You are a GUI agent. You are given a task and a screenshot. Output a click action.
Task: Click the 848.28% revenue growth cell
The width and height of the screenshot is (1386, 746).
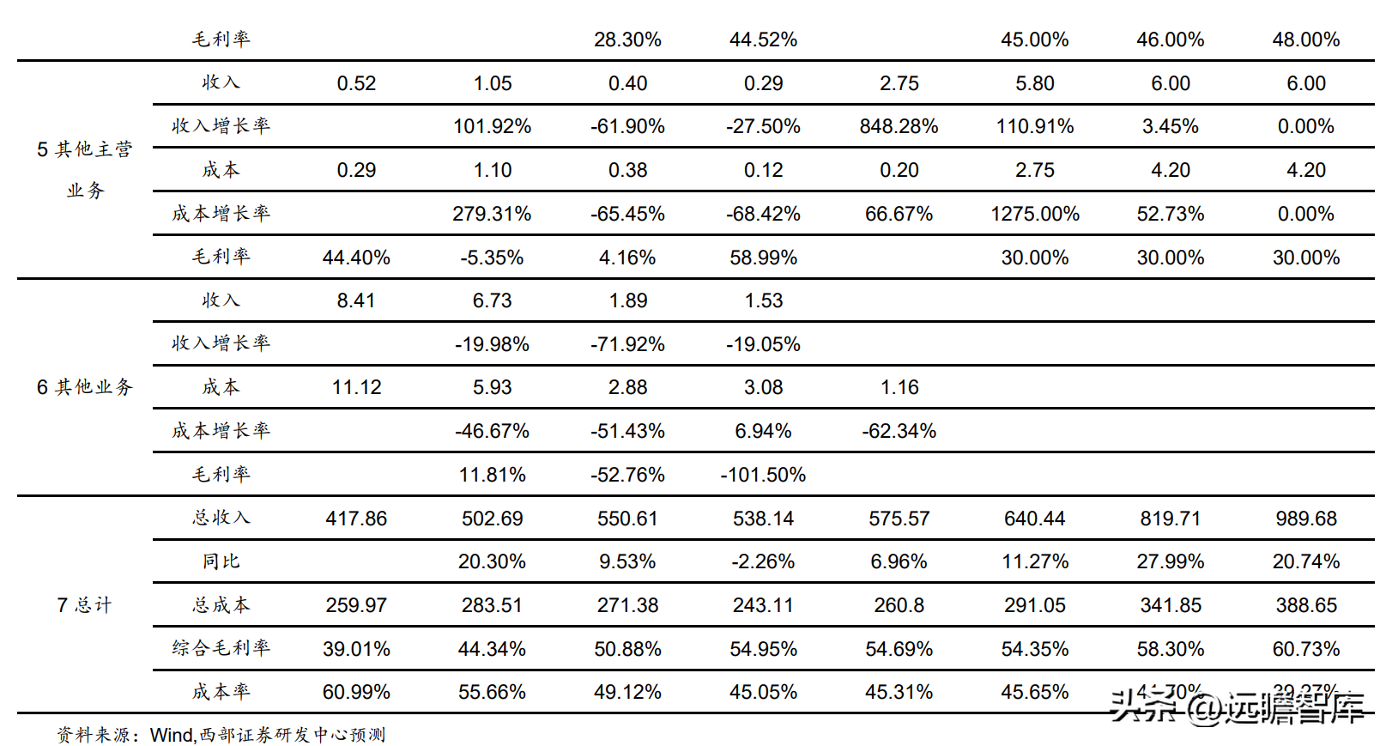[899, 127]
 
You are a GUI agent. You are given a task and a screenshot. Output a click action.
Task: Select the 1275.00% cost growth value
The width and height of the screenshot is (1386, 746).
[1034, 214]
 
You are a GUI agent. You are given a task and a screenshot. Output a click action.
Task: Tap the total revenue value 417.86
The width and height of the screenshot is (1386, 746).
[356, 519]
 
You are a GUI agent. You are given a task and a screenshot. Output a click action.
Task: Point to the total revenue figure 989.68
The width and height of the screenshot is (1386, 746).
[1305, 519]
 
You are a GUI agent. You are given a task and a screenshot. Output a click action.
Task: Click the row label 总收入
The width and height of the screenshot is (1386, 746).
[221, 518]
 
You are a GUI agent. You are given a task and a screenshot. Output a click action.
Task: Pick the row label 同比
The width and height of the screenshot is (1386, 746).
[221, 561]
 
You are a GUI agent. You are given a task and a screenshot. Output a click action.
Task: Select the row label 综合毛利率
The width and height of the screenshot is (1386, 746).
[221, 648]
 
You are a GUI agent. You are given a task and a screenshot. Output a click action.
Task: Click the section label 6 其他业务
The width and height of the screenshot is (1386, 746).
[84, 387]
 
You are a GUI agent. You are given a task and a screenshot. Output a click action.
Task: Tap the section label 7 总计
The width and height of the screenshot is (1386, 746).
[84, 605]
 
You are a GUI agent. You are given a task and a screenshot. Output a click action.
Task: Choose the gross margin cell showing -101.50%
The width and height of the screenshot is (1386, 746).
[763, 475]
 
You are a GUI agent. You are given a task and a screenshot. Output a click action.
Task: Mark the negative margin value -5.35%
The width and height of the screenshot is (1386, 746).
[492, 258]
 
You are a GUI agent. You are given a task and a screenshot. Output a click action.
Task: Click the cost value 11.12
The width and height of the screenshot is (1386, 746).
[356, 387]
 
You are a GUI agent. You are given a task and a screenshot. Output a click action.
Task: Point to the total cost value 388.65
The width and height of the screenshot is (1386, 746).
[1305, 605]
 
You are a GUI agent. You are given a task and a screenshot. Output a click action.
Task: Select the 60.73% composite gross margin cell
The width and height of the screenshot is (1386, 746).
[1305, 649]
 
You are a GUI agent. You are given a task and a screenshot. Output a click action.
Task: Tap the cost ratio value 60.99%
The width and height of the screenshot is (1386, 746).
[356, 692]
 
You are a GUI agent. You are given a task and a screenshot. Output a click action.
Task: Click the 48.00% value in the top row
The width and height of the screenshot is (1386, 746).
[1305, 39]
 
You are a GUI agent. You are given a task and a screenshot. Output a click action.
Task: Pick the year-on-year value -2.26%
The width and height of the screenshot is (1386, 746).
[763, 561]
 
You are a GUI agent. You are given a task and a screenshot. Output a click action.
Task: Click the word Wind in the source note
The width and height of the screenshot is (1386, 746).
[172, 735]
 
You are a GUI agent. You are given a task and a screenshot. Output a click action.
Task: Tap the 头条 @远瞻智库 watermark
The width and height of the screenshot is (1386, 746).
[1236, 708]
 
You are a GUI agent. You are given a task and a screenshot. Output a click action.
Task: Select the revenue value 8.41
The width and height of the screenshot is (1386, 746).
[356, 300]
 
